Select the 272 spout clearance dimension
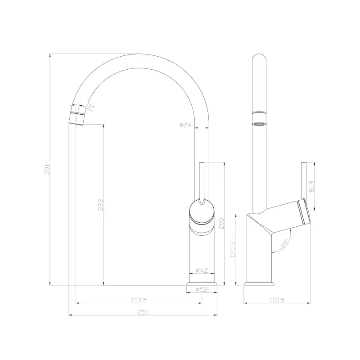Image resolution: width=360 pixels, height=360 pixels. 101,204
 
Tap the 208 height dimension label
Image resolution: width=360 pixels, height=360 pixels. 221,224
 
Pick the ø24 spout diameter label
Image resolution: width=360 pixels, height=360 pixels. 186,125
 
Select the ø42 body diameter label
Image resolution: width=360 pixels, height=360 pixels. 202,271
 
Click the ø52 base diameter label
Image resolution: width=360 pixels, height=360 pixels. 202,290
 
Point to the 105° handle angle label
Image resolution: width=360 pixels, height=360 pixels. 284,244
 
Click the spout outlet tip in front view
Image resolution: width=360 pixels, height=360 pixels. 77,119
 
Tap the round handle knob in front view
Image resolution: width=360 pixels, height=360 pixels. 202,212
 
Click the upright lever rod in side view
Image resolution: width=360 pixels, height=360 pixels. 304,180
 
